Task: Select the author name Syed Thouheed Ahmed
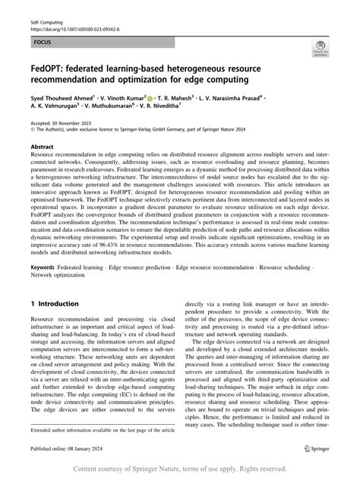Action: pos(62,98)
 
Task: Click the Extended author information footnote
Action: pos(101,431)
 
